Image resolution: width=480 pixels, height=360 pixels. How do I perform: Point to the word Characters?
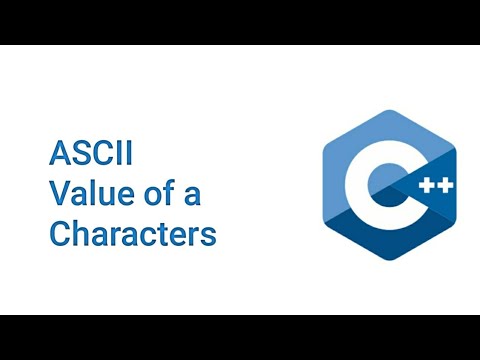click(x=133, y=234)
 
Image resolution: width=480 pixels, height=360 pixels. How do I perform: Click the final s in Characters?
click(x=209, y=236)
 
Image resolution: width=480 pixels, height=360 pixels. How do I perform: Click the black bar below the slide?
click(x=240, y=337)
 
